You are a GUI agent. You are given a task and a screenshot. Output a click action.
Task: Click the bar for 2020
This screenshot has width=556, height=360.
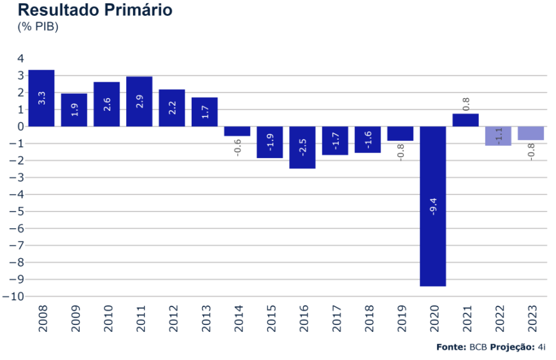pos(432,206)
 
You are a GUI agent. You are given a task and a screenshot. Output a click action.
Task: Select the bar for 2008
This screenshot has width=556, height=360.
pos(41,98)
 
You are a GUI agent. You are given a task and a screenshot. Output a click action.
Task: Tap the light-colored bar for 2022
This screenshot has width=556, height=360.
pos(498,136)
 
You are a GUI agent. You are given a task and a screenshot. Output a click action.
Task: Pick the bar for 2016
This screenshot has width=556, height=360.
pos(303,147)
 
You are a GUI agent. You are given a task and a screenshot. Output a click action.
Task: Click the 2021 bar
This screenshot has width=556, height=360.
pos(466,120)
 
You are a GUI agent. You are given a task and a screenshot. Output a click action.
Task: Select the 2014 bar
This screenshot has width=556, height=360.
pos(237,131)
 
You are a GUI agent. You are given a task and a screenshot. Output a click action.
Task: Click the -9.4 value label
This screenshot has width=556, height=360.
pos(433,207)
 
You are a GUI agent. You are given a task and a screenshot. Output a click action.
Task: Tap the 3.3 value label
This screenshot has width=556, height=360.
pos(42,99)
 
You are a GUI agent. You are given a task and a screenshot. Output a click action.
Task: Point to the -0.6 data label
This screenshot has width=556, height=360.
pos(238,148)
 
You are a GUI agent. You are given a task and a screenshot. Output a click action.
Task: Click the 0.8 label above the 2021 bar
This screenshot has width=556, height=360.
pos(466,102)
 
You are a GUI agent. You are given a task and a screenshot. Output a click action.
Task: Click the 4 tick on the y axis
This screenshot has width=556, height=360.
pos(20,59)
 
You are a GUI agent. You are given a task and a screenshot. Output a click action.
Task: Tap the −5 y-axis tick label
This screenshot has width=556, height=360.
pos(17,212)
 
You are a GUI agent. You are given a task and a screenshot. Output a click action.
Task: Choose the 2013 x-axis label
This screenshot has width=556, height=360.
pos(204,319)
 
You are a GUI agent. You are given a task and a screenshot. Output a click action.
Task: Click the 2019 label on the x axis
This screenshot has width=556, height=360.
pos(401,319)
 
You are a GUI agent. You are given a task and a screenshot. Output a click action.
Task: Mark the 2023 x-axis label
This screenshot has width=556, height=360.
pos(531,319)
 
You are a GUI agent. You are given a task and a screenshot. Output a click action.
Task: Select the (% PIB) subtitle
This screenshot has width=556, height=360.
pos(38,27)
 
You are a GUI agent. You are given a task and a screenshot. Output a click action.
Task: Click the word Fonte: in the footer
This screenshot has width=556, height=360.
pos(451,347)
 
